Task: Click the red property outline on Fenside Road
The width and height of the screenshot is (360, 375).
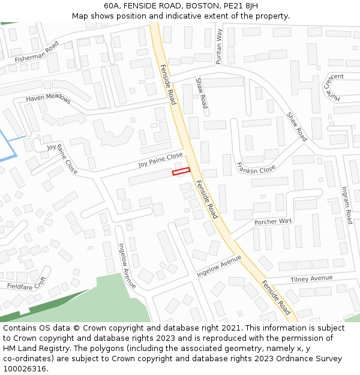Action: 181,172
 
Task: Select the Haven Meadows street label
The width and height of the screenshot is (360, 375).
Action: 48,99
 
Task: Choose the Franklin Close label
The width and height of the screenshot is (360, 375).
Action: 256,168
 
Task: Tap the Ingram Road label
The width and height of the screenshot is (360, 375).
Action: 346,204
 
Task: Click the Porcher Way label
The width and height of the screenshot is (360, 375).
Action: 272,222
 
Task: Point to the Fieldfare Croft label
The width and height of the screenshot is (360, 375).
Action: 26,284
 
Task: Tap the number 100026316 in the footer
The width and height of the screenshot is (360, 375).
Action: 25,369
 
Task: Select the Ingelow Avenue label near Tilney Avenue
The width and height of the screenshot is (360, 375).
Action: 219,265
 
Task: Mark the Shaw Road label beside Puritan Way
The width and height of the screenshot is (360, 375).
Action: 202,92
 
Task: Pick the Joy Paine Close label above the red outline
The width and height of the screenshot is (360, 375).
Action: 160,160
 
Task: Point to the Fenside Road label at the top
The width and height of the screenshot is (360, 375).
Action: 168,84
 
